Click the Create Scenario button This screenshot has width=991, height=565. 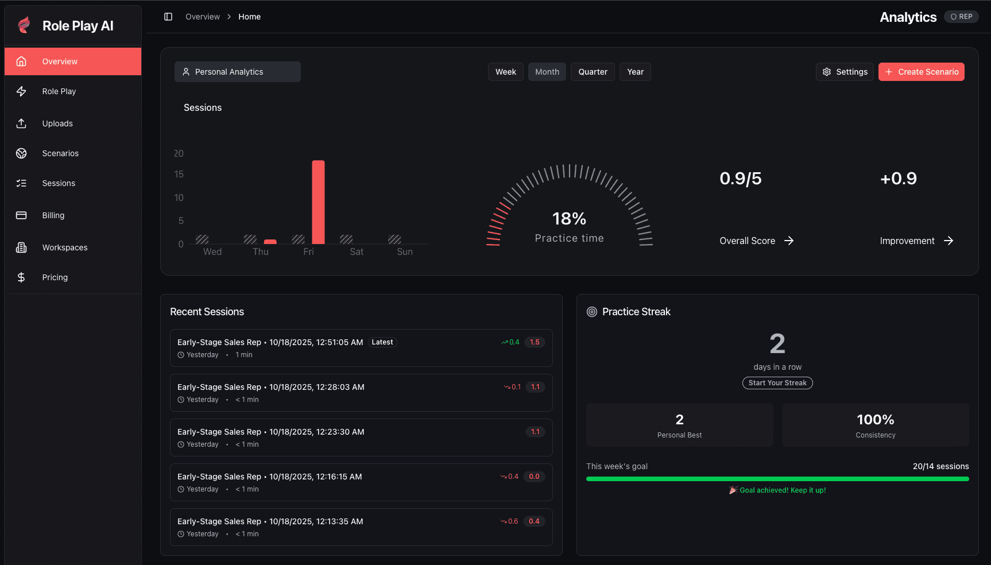(x=921, y=72)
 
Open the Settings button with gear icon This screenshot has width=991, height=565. (x=845, y=72)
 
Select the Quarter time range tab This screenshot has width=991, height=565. (x=593, y=72)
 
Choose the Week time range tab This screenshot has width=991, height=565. (x=505, y=72)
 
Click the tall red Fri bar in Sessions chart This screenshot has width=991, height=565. (x=318, y=202)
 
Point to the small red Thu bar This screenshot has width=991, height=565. (x=270, y=242)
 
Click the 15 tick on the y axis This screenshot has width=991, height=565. (x=179, y=174)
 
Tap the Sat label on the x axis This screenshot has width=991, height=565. (x=357, y=251)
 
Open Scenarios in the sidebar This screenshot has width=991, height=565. (x=60, y=153)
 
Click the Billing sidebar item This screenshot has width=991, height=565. (x=53, y=215)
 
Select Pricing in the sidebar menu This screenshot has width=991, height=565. (x=55, y=277)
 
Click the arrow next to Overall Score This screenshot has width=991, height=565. (x=789, y=241)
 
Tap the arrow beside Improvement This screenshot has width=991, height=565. (x=949, y=241)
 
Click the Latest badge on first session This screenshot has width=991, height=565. (x=382, y=342)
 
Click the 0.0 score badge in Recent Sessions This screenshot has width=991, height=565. (x=534, y=477)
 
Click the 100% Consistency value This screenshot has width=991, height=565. (x=875, y=420)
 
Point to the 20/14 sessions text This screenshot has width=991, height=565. (x=940, y=466)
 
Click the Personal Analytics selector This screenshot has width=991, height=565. (x=237, y=72)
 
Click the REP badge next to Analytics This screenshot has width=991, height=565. (x=961, y=17)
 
